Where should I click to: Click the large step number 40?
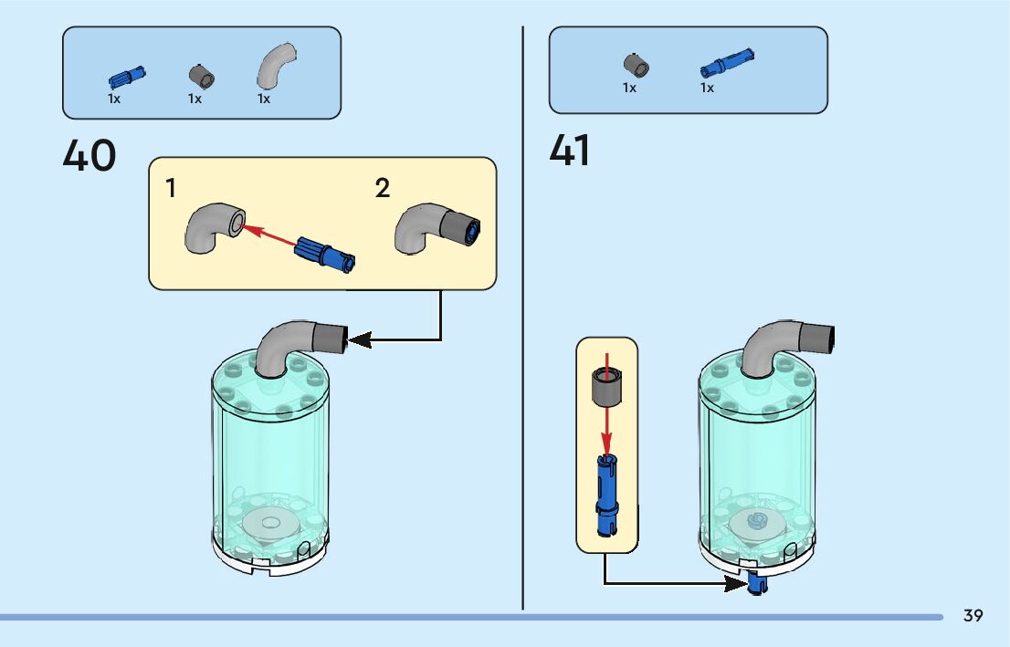click(89, 155)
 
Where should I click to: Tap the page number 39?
click(973, 615)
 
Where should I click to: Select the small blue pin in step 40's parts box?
click(127, 78)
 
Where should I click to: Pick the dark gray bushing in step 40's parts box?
click(202, 77)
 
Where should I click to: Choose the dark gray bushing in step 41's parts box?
click(636, 66)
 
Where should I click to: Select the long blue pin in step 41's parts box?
click(727, 63)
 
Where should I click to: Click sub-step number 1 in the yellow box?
click(170, 189)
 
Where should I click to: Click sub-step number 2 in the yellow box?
click(382, 189)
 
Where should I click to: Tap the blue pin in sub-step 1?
click(325, 254)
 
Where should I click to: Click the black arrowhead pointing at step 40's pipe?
click(360, 339)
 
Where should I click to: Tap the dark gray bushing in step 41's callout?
click(606, 386)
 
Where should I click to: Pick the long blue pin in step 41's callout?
click(606, 495)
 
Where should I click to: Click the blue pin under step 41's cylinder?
click(758, 584)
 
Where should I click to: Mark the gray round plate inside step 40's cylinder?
click(270, 521)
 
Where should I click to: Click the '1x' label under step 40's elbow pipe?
click(263, 99)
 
